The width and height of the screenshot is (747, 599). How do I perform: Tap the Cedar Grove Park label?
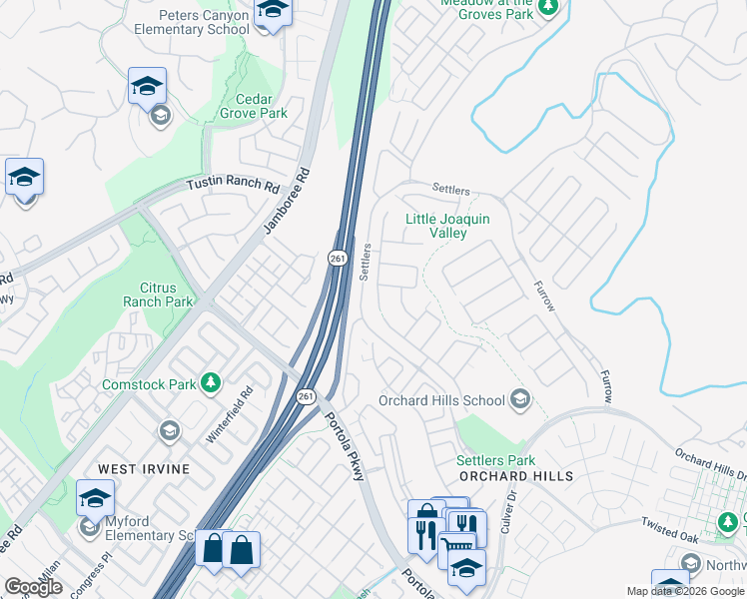click(247, 106)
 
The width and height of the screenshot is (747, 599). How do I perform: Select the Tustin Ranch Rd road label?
click(234, 186)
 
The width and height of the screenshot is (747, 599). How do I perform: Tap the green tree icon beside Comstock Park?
click(210, 382)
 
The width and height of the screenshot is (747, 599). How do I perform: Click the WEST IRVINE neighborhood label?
click(138, 468)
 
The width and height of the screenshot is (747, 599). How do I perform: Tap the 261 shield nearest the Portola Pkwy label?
click(307, 396)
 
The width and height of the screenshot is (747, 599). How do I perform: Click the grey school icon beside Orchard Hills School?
click(519, 400)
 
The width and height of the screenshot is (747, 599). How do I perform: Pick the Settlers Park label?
click(495, 460)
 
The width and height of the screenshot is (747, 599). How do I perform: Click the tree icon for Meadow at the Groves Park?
click(547, 8)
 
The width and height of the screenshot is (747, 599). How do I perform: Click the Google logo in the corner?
click(33, 587)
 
